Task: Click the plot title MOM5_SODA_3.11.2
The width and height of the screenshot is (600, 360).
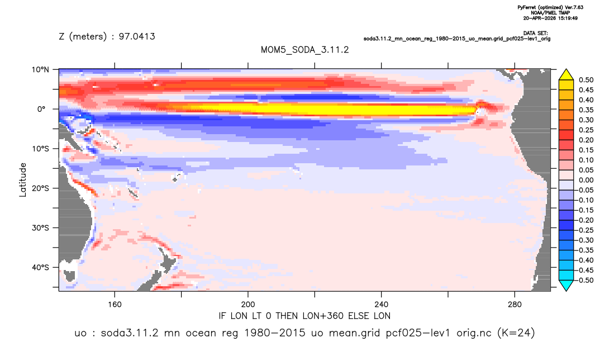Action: [x=304, y=50]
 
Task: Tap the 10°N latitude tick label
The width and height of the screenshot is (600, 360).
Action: [x=40, y=70]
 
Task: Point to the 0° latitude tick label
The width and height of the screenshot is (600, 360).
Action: [x=41, y=109]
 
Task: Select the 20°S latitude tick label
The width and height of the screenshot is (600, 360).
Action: [x=40, y=188]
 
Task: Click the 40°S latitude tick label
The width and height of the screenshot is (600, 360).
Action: [x=40, y=267]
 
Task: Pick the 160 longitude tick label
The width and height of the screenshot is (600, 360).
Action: [x=115, y=305]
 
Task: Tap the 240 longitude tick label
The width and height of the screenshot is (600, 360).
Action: [x=381, y=305]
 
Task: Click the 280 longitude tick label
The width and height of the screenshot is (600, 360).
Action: [x=515, y=305]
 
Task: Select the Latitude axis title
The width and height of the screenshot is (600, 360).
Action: [x=23, y=180]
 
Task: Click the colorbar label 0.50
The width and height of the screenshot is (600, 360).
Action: [x=586, y=80]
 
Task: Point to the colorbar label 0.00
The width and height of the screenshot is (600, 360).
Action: [x=586, y=180]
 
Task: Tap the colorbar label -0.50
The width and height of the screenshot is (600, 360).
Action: [x=585, y=280]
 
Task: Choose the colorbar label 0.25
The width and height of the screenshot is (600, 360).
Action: [x=586, y=130]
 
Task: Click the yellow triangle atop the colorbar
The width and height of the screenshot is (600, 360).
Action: [x=566, y=75]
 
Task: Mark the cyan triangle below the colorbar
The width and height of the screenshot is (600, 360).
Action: [x=566, y=285]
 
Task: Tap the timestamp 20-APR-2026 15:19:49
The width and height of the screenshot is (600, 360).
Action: [x=550, y=18]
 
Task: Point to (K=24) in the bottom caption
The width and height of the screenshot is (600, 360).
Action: [x=516, y=333]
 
